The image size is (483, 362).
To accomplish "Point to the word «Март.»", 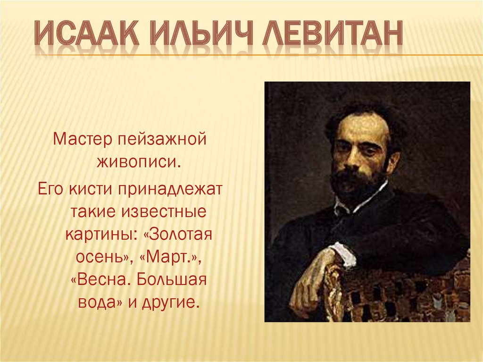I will point(173,256).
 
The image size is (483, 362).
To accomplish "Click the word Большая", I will point(172,279).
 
